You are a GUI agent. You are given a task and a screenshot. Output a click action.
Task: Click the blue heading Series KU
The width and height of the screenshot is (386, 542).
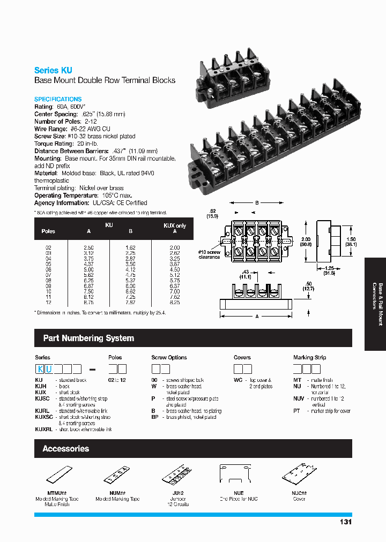[x=53, y=70]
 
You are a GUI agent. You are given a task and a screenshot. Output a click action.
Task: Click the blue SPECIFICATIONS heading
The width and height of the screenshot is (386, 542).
[x=58, y=99]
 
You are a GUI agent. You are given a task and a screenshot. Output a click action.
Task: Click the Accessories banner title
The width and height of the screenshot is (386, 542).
[x=65, y=448]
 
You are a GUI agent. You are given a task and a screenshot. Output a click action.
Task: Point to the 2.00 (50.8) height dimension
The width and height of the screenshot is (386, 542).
[x=306, y=242]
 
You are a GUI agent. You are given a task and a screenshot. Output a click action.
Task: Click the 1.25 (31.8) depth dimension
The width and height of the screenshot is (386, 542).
[x=330, y=270]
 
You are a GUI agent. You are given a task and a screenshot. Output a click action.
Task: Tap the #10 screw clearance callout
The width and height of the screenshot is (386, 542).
[x=209, y=254]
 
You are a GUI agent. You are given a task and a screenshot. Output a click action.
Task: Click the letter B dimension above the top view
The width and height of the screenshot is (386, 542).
[x=257, y=203]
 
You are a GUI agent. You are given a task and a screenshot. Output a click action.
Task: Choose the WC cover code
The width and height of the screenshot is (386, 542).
[x=238, y=379]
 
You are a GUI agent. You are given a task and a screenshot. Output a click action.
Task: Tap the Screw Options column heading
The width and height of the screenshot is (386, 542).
[x=169, y=357]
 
